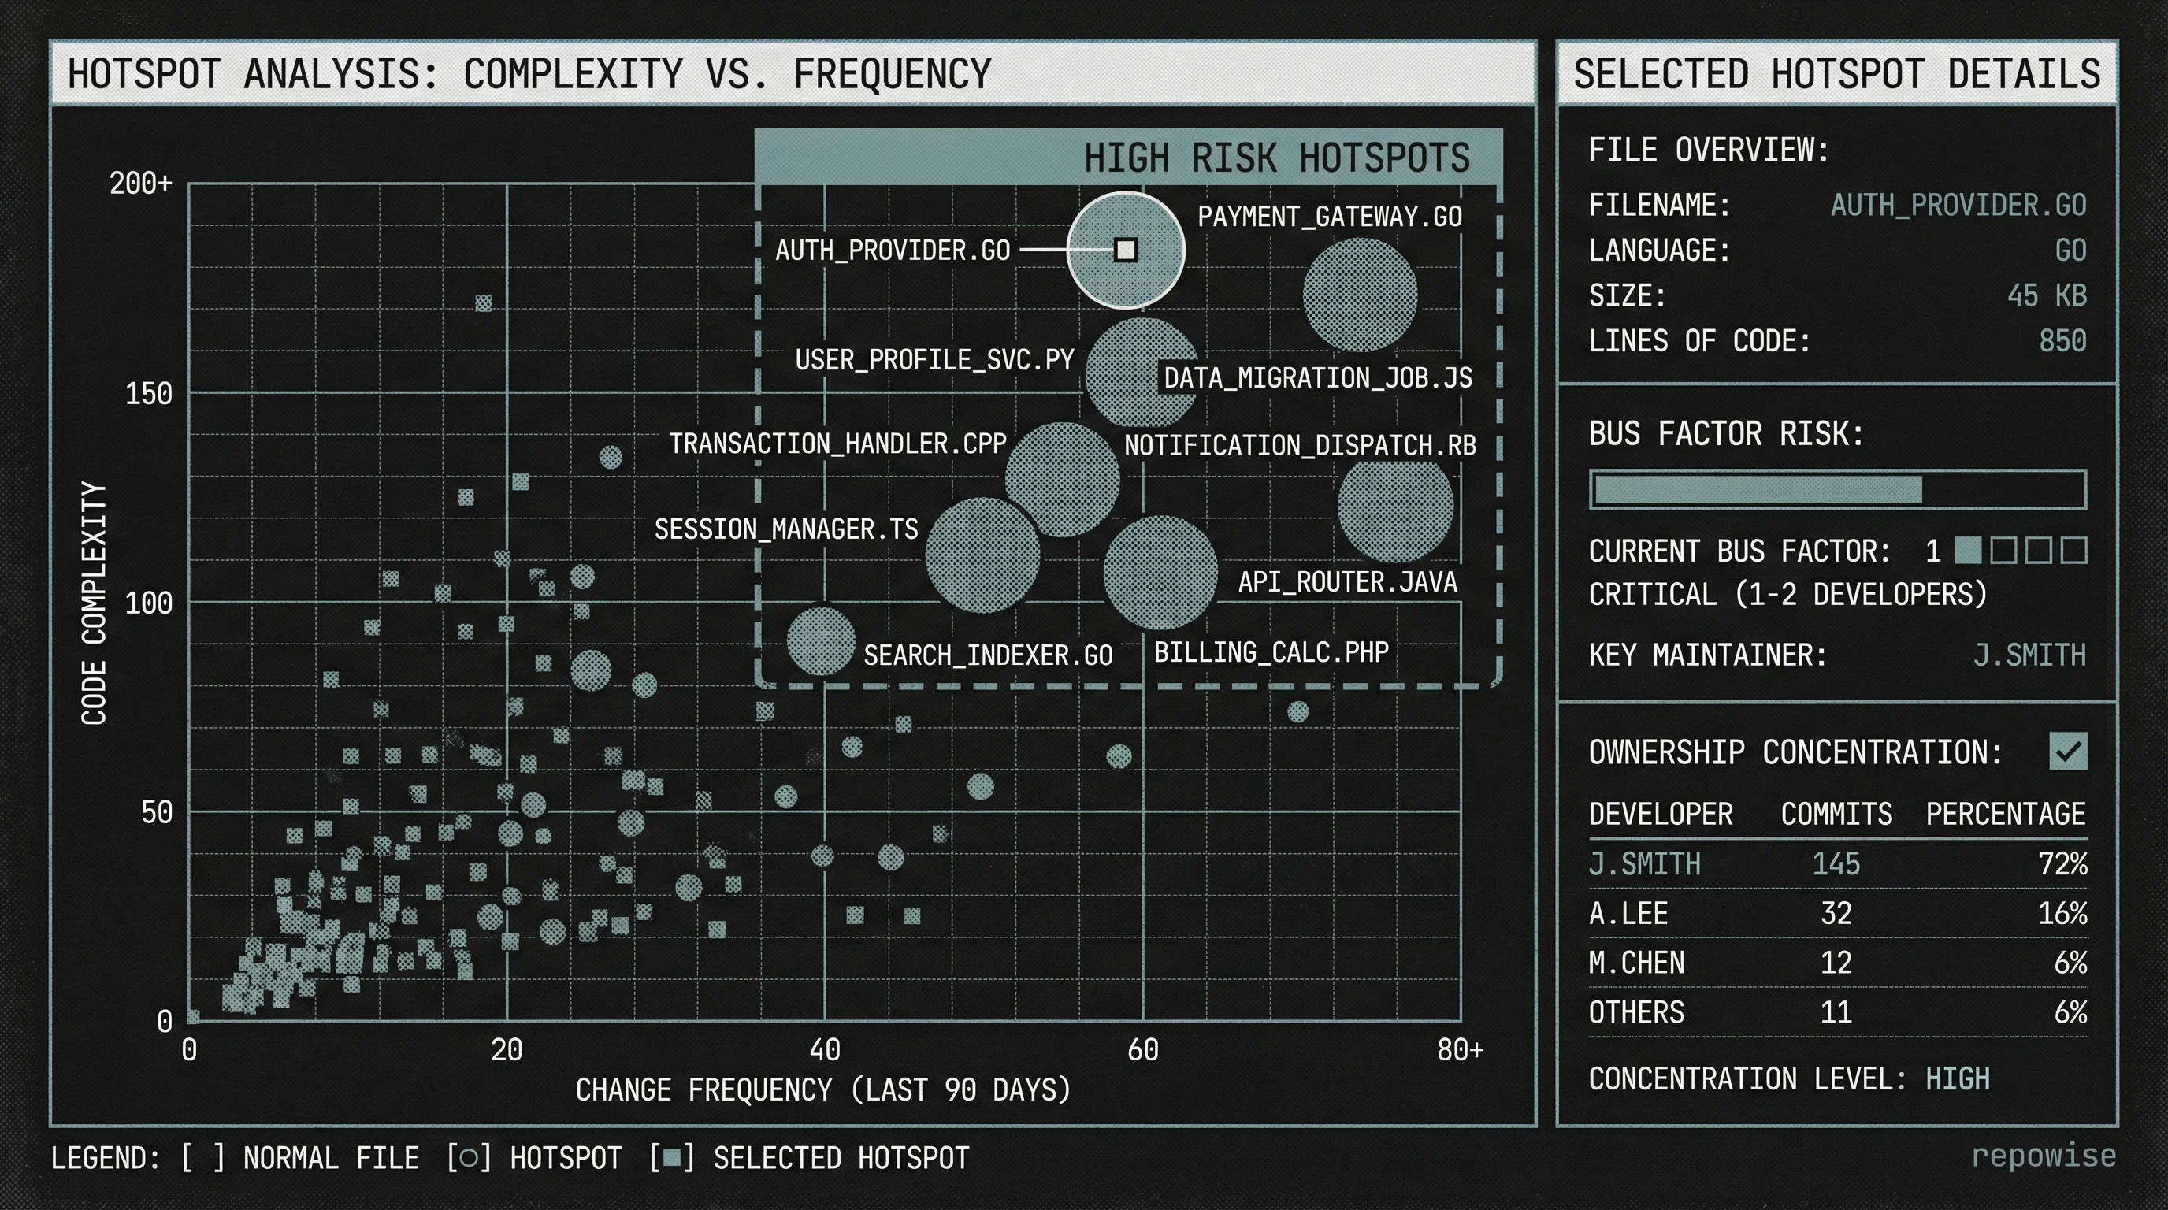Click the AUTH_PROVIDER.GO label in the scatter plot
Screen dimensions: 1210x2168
[892, 251]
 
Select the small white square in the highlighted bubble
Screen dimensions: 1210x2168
[1125, 250]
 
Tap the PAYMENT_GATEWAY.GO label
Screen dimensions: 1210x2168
[1329, 217]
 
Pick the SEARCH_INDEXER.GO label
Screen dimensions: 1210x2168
[988, 655]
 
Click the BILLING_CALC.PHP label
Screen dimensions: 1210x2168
[1271, 652]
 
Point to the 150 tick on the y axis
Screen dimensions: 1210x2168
[148, 394]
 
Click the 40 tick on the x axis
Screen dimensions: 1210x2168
[824, 1049]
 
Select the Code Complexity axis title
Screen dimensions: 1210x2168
[95, 603]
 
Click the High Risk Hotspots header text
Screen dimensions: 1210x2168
[1276, 158]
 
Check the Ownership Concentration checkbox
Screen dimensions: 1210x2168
[2068, 752]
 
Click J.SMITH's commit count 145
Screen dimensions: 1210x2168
[1836, 864]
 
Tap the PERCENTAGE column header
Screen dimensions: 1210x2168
[2005, 815]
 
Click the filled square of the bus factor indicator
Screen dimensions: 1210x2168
[1967, 551]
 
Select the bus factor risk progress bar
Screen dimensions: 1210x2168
[1837, 490]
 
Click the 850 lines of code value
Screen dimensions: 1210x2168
[2062, 341]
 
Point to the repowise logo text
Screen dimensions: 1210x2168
[2043, 1156]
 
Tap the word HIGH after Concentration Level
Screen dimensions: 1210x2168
[1957, 1078]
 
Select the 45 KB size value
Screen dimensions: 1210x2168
[2046, 295]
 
